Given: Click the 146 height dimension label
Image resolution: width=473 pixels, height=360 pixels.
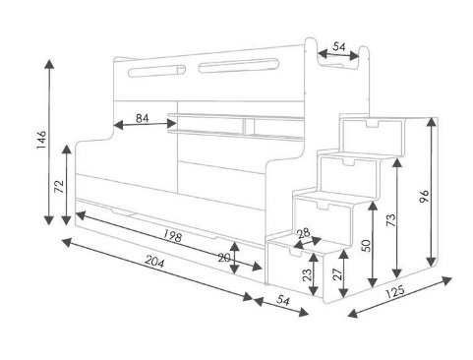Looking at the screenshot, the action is [x=41, y=140].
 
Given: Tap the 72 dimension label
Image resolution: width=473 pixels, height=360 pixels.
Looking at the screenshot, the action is [x=59, y=187].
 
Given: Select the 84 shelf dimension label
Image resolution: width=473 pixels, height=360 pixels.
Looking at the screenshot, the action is [x=142, y=118].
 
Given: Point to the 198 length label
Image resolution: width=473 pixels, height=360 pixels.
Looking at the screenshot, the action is [x=172, y=235].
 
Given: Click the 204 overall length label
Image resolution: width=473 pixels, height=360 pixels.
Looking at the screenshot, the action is [x=154, y=262].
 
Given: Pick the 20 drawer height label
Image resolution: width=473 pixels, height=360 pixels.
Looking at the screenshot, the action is [x=224, y=258].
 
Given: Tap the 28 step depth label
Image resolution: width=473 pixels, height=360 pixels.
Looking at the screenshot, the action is [x=304, y=233].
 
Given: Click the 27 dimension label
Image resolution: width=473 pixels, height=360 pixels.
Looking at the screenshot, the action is [x=337, y=273].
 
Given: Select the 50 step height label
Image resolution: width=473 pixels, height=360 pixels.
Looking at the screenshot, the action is [x=367, y=246].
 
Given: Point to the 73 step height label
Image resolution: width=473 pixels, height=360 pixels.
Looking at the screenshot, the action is [x=391, y=220].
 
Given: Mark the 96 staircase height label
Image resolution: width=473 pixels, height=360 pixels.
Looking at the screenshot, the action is [x=424, y=196].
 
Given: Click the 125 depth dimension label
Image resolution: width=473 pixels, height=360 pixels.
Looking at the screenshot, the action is [x=394, y=291].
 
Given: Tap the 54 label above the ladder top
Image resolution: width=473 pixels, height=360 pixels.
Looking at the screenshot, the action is [x=339, y=47].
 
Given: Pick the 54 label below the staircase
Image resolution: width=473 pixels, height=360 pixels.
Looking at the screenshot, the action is [x=283, y=300].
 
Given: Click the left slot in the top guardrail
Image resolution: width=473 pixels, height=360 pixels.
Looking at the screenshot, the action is [x=156, y=71].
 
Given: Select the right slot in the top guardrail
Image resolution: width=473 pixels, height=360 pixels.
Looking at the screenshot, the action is [x=239, y=66].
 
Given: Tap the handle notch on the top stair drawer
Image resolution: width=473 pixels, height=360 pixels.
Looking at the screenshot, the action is [x=371, y=124].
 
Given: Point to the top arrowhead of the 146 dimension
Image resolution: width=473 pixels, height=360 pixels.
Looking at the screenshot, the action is [x=49, y=64].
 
